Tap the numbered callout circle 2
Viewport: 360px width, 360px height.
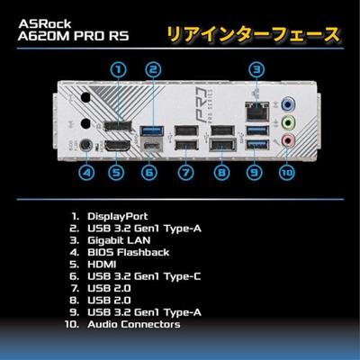154,68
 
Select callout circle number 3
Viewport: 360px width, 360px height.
256,68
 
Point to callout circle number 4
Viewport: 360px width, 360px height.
86,172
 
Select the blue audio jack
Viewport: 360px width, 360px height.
288,103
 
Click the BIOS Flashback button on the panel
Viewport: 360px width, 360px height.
86,144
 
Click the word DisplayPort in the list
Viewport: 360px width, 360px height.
117,217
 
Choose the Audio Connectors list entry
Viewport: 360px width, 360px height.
133,323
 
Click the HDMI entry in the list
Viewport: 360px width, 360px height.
102,265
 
